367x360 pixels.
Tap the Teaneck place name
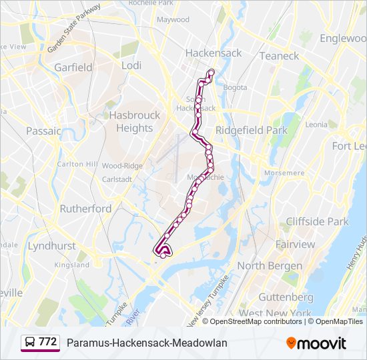pos(279,56)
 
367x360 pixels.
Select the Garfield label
pos(73,67)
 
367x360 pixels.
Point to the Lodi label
pos(131,65)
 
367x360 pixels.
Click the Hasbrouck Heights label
pos(135,121)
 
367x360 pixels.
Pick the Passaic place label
pos(43,131)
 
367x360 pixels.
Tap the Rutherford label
pos(86,209)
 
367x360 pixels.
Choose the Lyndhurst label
pos(51,246)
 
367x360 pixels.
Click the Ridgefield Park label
pos(251,131)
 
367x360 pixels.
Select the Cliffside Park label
pos(317,221)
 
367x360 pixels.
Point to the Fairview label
pos(295,245)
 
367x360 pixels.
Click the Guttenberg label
pos(285,297)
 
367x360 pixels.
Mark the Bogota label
pos(235,87)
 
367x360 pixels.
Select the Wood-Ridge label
pos(122,165)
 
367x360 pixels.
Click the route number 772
pos(47,342)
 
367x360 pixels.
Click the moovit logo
pos(316,343)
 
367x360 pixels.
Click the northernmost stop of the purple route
pos(212,72)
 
